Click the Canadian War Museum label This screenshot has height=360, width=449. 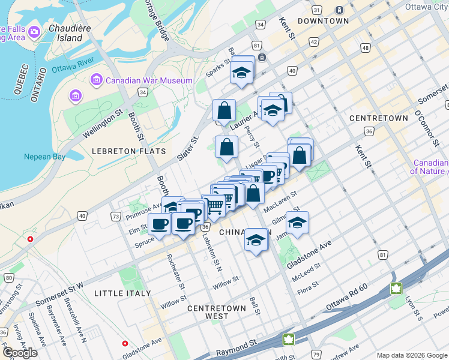click(x=149, y=80)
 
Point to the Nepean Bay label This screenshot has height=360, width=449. click(x=44, y=157)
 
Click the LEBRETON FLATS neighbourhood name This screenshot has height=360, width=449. click(x=128, y=151)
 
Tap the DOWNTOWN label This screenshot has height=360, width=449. click(x=323, y=20)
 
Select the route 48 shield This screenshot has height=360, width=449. click(x=366, y=47)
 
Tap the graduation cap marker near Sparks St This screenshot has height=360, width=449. click(x=242, y=72)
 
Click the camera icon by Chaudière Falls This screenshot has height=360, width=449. click(x=34, y=31)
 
